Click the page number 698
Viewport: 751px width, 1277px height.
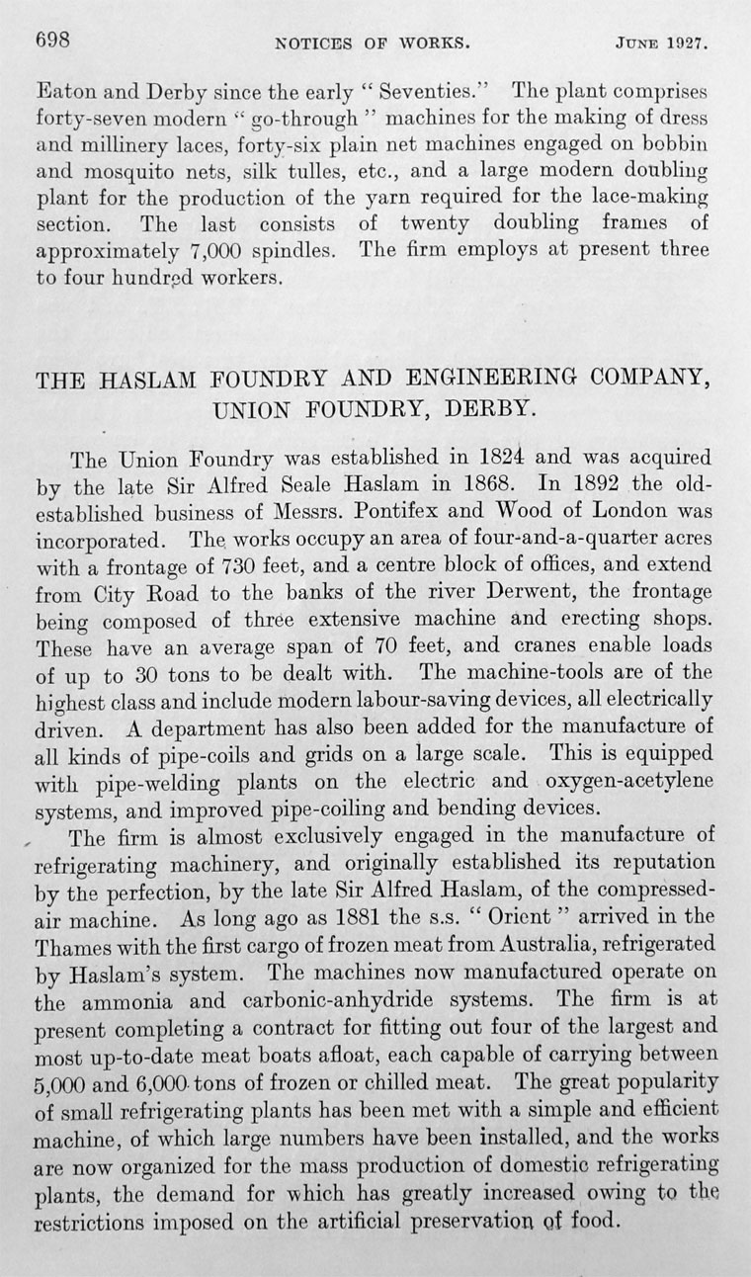click(51, 41)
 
